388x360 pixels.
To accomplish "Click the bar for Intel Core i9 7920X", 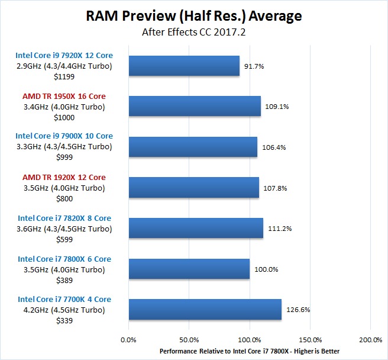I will click(184, 66).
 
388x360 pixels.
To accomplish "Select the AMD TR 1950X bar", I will click(195, 106).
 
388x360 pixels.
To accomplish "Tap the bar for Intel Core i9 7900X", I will click(193, 147).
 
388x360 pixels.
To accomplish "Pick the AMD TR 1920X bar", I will click(193, 187).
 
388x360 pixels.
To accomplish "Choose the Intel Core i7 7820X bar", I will click(196, 228).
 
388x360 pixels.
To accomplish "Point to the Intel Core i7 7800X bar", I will click(189, 268).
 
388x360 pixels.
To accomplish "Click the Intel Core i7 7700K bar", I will click(205, 309).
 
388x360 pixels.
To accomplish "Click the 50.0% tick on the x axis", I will click(189, 340).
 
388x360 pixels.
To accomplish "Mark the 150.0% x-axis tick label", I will click(310, 340).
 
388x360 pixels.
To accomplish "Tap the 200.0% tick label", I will click(370, 340).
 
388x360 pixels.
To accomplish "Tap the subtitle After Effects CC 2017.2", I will click(193, 32).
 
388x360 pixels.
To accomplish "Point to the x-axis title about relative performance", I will click(250, 351).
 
